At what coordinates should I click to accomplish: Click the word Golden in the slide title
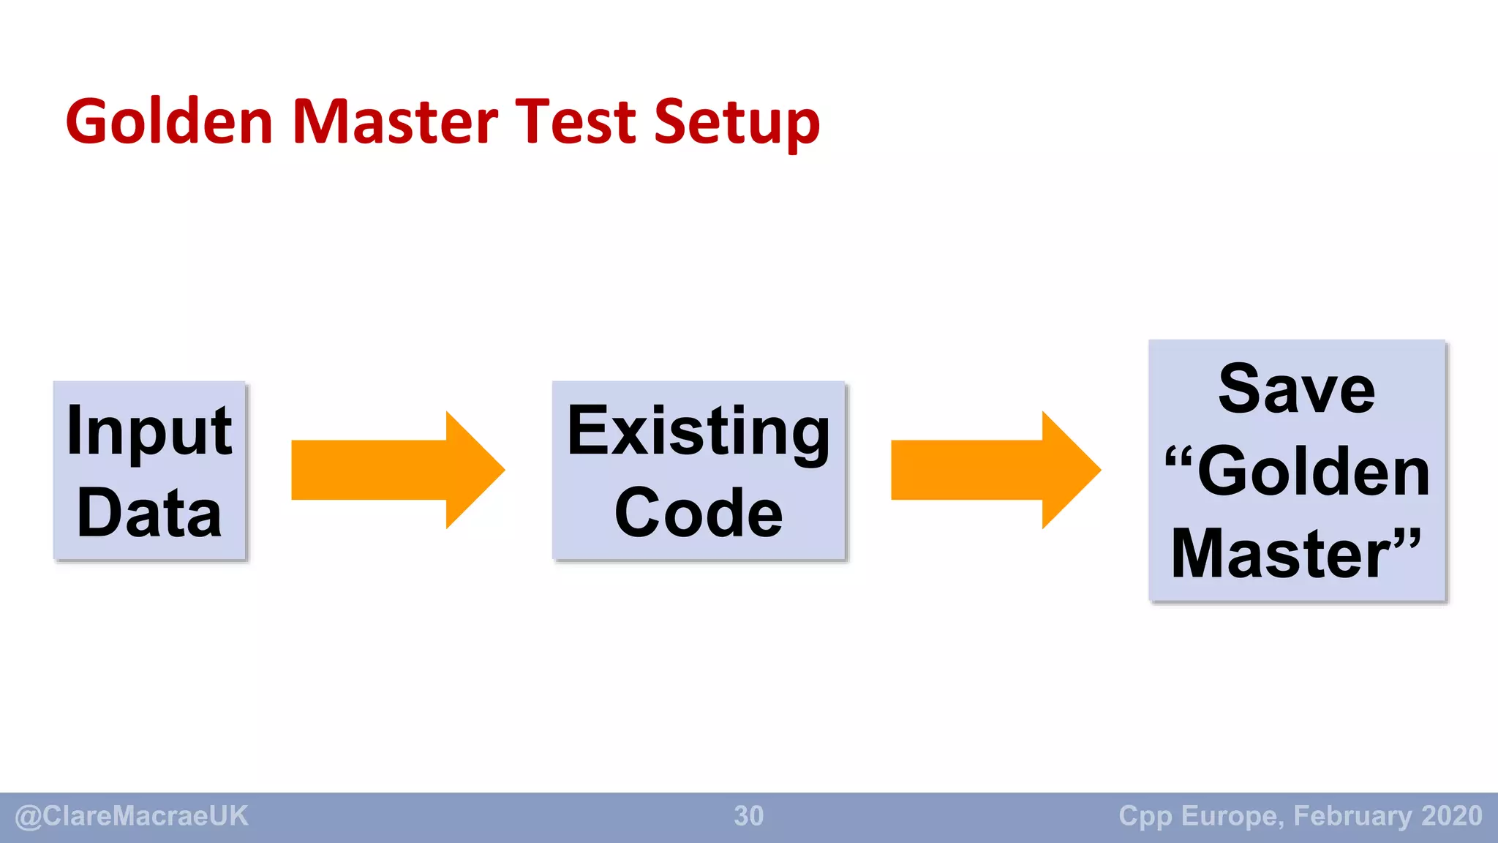[169, 121]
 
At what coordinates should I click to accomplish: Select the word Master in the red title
[395, 121]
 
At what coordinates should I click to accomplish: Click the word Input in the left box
[149, 432]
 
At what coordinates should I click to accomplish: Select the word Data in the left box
[149, 513]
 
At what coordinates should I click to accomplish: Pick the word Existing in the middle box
[699, 432]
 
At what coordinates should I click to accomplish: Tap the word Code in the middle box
[699, 513]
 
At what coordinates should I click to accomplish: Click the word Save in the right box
[1296, 389]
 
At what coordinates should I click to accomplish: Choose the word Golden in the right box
[1314, 472]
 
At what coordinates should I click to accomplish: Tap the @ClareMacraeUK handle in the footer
[132, 816]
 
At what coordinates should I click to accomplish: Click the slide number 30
[748, 816]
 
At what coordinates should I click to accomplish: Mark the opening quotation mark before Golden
[1178, 460]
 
